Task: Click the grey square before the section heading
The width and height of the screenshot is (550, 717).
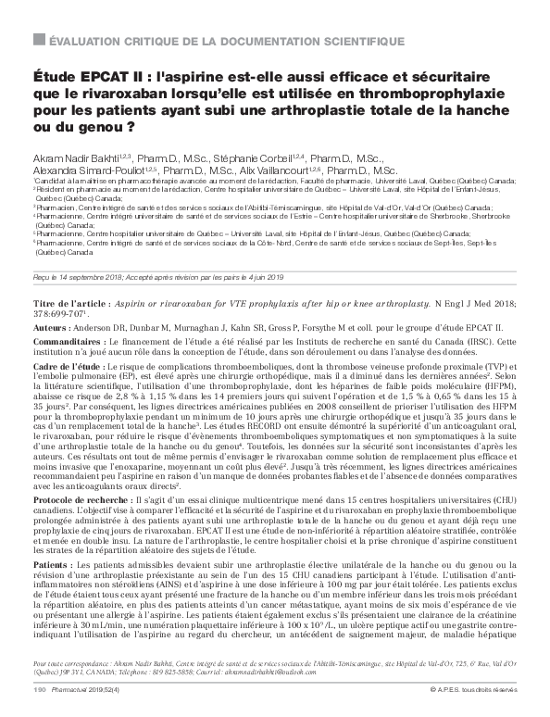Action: click(37, 42)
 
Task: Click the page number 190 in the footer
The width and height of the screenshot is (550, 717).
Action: click(39, 691)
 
